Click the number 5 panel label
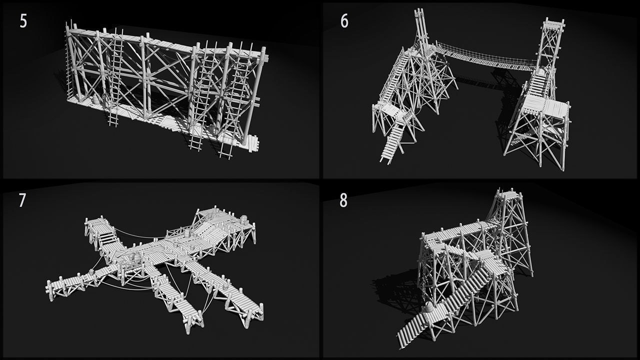pyautogui.click(x=23, y=21)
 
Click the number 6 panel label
pyautogui.click(x=344, y=21)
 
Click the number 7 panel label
pyautogui.click(x=22, y=200)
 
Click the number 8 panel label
pyautogui.click(x=343, y=200)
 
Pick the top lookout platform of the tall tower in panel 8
pyautogui.click(x=508, y=193)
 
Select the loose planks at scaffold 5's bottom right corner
pyautogui.click(x=250, y=143)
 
